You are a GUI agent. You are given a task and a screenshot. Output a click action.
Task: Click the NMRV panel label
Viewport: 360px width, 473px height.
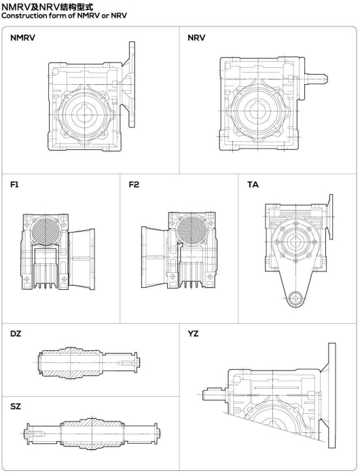pyautogui.click(x=22, y=38)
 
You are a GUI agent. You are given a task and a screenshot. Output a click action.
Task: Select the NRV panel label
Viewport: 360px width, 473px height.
pyautogui.click(x=196, y=38)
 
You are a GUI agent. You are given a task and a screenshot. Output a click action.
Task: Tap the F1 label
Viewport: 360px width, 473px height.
pyautogui.click(x=14, y=185)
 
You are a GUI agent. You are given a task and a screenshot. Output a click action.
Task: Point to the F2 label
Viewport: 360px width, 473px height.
pyautogui.click(x=134, y=185)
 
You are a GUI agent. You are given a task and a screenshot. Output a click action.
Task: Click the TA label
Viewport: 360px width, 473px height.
pyautogui.click(x=253, y=185)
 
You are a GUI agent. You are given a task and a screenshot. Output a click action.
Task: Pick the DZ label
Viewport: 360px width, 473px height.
pyautogui.click(x=16, y=334)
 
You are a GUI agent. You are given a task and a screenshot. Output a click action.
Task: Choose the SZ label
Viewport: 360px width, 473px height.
pyautogui.click(x=16, y=406)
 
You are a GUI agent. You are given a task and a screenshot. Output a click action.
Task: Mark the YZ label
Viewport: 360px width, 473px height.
pyautogui.click(x=193, y=334)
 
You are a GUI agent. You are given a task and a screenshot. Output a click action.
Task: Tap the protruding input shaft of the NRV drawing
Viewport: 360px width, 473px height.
pyautogui.click(x=317, y=79)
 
